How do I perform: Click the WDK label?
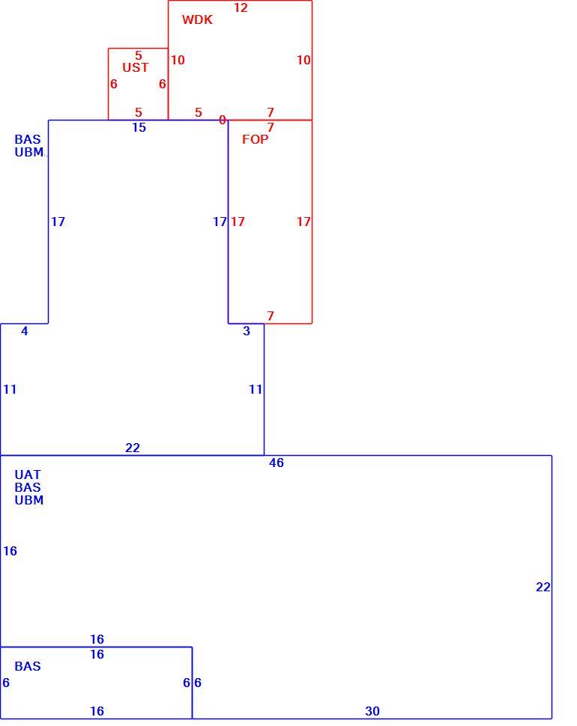tap(197, 19)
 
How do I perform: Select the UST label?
tap(136, 67)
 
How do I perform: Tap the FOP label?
tap(255, 139)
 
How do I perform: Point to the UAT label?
tap(28, 475)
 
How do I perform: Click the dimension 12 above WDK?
tap(241, 8)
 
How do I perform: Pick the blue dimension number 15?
tap(139, 128)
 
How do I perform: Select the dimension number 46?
tap(277, 463)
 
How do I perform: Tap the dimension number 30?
tap(372, 711)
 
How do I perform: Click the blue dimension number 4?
tap(25, 331)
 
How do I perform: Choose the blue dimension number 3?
tap(247, 331)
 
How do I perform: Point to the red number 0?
tap(223, 120)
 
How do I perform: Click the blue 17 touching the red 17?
tap(220, 222)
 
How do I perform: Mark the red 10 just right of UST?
tap(178, 60)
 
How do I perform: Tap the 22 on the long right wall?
tap(543, 587)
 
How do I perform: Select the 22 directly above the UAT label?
tap(133, 448)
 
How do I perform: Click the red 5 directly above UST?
tap(139, 55)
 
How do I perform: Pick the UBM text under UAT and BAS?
tap(29, 500)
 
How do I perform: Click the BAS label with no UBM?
tap(28, 666)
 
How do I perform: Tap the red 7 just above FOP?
tap(271, 127)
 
